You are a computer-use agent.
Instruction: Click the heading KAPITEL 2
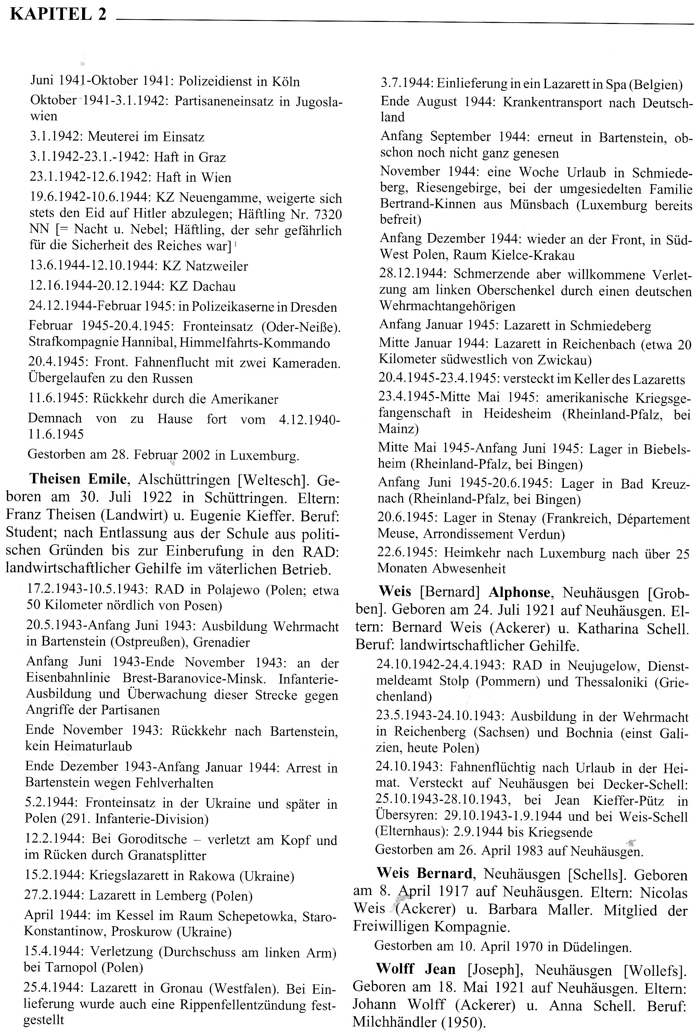tap(58, 15)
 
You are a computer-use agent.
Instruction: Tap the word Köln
tap(285, 82)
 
